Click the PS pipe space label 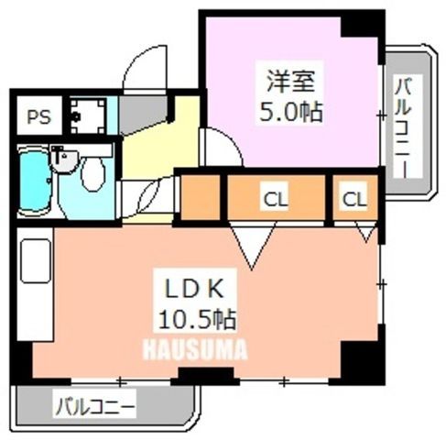pyautogui.click(x=38, y=116)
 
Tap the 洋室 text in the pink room pyautogui.click(x=290, y=82)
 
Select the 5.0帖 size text pyautogui.click(x=290, y=112)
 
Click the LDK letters pyautogui.click(x=194, y=289)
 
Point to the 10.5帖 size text pyautogui.click(x=197, y=320)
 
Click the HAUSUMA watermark pyautogui.click(x=195, y=349)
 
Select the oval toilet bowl pyautogui.click(x=92, y=174)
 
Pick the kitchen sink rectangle pyautogui.click(x=36, y=261)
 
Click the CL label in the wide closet pyautogui.click(x=276, y=200)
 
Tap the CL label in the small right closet pyautogui.click(x=354, y=200)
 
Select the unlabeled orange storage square pyautogui.click(x=201, y=197)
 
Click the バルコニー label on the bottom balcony pyautogui.click(x=94, y=407)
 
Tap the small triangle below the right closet pyautogui.click(x=366, y=232)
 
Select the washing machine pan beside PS pyautogui.click(x=88, y=115)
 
